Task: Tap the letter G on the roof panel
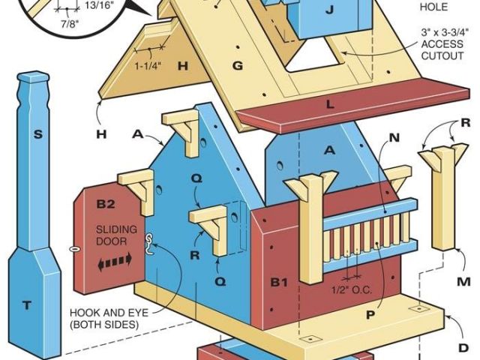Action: [x=238, y=66]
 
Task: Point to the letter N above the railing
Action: [x=394, y=138]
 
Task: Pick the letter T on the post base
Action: [x=28, y=304]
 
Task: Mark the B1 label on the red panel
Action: [x=280, y=283]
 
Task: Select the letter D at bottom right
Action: [x=463, y=348]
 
